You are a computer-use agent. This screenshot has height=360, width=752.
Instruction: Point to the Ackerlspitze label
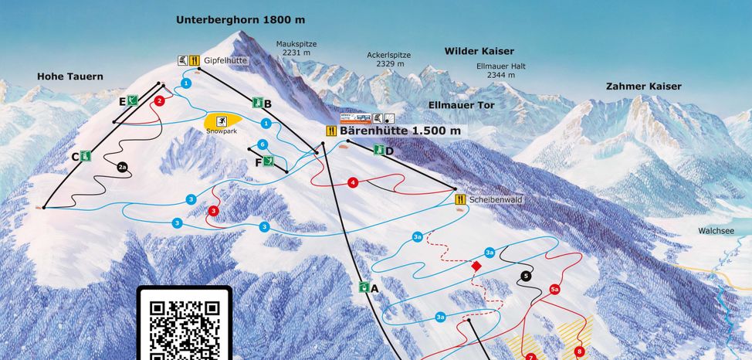388,56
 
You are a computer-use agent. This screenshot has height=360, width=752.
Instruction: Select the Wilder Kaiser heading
479,51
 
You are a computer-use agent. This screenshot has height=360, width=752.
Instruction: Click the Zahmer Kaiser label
643,87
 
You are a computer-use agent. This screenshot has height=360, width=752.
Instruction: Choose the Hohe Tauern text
69,76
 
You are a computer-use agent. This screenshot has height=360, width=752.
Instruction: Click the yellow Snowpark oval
222,121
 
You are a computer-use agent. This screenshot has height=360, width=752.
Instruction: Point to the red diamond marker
476,266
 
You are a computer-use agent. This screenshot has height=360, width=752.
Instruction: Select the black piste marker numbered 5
527,276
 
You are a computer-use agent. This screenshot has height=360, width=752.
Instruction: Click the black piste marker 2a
123,166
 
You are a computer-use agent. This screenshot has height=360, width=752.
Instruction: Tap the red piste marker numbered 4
353,183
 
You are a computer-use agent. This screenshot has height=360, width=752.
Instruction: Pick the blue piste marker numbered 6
263,144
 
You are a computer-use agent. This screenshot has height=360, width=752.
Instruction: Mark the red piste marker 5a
554,290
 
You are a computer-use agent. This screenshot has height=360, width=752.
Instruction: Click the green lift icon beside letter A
363,287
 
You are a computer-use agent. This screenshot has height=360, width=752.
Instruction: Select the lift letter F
258,161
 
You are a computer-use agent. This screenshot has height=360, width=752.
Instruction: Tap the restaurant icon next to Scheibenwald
460,199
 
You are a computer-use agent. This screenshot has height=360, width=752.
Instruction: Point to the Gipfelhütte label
225,60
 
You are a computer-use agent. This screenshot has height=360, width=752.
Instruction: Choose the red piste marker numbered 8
579,352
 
